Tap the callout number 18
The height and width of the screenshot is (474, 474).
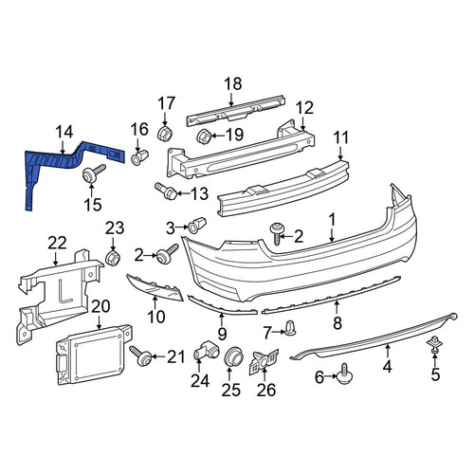click(x=233, y=84)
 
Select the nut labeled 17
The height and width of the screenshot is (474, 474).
click(x=165, y=134)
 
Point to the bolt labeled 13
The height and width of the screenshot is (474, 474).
click(x=166, y=191)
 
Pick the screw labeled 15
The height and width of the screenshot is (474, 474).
click(x=93, y=173)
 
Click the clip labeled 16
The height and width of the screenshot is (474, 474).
click(x=139, y=157)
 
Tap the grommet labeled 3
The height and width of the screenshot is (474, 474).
click(x=197, y=225)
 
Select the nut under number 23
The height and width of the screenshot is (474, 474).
click(x=113, y=258)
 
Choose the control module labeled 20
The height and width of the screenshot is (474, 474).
click(x=94, y=354)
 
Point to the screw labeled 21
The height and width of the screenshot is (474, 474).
click(x=140, y=355)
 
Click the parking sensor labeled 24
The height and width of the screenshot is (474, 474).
click(x=205, y=350)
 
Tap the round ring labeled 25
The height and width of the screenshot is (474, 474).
click(x=234, y=357)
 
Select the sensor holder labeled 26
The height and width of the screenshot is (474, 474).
click(x=264, y=362)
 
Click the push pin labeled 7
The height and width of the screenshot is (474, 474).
click(x=291, y=329)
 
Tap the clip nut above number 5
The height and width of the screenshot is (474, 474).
click(x=434, y=344)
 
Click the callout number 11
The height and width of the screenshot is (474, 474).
click(x=340, y=138)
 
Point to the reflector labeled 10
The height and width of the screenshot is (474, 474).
click(x=155, y=287)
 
